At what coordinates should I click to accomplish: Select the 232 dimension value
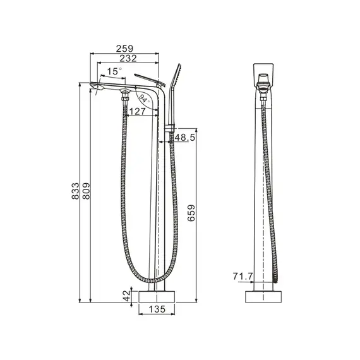point(127,59)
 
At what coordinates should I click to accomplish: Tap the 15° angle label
point(114,72)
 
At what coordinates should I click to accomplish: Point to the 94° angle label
point(144,99)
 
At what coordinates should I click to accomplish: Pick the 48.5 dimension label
point(184,138)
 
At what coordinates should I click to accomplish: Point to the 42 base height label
point(126,294)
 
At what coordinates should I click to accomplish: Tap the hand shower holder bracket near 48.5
point(169,131)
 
